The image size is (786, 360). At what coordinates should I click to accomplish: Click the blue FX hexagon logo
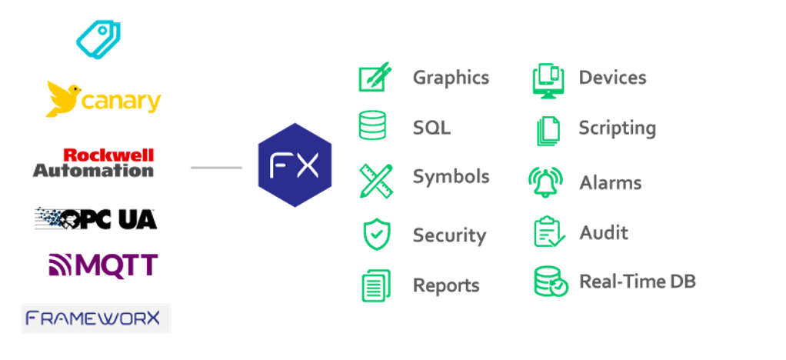pyautogui.click(x=295, y=165)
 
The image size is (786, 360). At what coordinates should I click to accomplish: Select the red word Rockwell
pyautogui.click(x=108, y=155)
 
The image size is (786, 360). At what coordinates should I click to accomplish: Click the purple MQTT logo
pyautogui.click(x=103, y=264)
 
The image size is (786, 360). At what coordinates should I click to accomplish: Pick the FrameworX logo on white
pyautogui.click(x=96, y=318)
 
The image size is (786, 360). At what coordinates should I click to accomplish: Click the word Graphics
pyautogui.click(x=451, y=78)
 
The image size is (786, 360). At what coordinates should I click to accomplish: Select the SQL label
pyautogui.click(x=431, y=127)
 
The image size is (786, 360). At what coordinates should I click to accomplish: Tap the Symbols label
pyautogui.click(x=451, y=176)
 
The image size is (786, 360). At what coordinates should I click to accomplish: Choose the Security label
pyautogui.click(x=449, y=235)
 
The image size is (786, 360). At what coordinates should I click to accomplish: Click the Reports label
pyautogui.click(x=446, y=285)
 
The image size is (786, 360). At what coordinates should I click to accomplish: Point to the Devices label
pyautogui.click(x=612, y=78)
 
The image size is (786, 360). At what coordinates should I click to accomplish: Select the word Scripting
pyautogui.click(x=617, y=128)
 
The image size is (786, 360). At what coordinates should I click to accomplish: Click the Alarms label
pyautogui.click(x=610, y=183)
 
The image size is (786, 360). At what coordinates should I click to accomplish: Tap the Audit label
pyautogui.click(x=603, y=232)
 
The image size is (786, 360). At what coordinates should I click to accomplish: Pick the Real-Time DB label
pyautogui.click(x=637, y=282)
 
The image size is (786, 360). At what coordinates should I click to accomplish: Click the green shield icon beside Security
pyautogui.click(x=376, y=234)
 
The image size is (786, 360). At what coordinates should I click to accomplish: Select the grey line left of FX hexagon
pyautogui.click(x=216, y=166)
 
